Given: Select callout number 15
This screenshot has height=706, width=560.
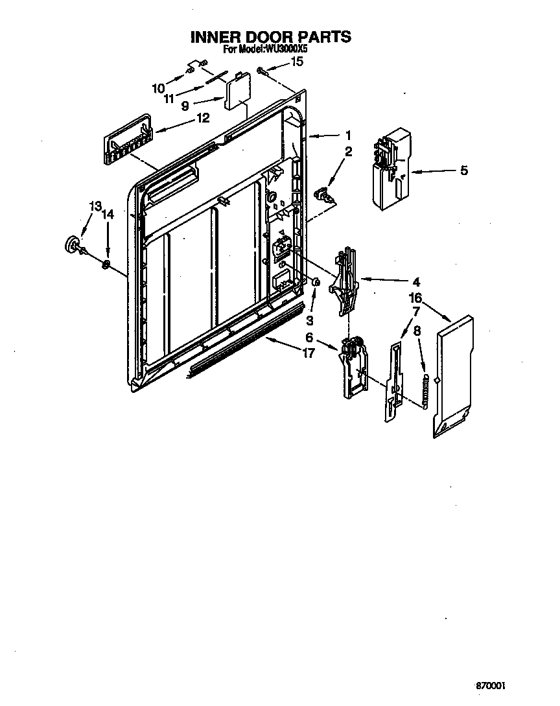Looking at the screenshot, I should coord(297,62).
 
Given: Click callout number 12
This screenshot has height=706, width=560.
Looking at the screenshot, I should coord(204,118).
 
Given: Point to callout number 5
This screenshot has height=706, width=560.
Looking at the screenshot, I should coord(464,171).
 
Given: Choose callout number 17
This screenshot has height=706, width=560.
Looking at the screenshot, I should coord(309,353).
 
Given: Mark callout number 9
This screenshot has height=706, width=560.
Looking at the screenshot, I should coord(185,104).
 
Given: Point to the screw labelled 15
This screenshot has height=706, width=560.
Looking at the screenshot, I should coord(261,69).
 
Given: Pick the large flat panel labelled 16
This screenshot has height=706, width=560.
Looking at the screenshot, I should coord(454,376).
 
